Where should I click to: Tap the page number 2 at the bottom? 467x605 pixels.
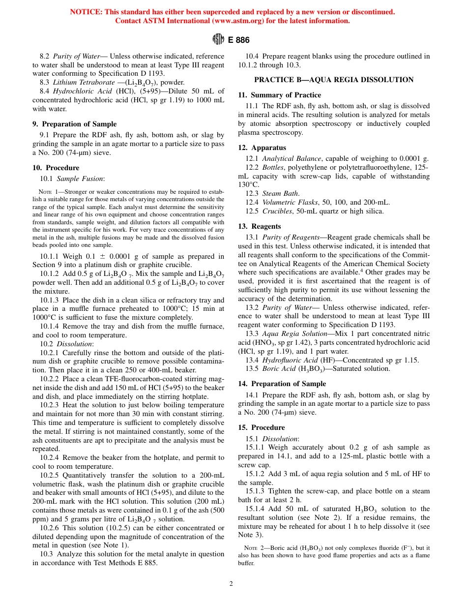(x=231, y=584)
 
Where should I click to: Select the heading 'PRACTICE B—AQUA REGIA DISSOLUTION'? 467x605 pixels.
(x=334, y=80)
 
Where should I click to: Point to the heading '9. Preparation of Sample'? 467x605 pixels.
(x=74, y=124)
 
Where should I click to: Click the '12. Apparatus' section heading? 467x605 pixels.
(x=262, y=148)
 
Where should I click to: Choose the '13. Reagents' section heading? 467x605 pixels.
(x=260, y=226)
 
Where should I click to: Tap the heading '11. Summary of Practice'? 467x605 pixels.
(x=280, y=95)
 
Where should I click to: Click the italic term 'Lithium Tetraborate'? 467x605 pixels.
(x=84, y=83)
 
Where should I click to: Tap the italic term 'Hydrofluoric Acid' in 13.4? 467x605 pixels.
(x=290, y=360)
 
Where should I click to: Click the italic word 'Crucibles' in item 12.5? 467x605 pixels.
(x=277, y=211)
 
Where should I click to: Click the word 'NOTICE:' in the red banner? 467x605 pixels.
(x=86, y=12)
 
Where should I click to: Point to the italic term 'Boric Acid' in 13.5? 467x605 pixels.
(x=279, y=369)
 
